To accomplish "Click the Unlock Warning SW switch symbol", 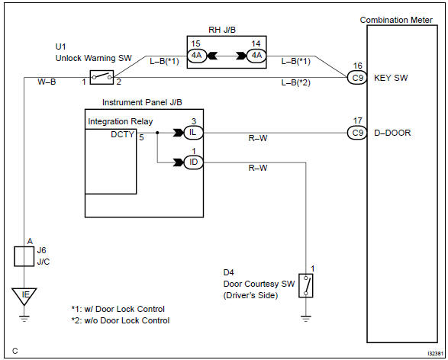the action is (x=102, y=77).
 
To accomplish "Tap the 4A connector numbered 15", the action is (x=197, y=56).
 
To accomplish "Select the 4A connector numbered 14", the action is (x=256, y=56).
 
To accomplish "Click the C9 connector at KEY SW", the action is (x=357, y=78).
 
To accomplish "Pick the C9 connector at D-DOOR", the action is (x=357, y=133).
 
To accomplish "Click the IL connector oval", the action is (x=193, y=133).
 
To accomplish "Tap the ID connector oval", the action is (x=193, y=162).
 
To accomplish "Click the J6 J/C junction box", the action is (x=24, y=256).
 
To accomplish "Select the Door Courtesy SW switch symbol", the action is (x=306, y=285).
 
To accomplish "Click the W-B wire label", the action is (x=47, y=82).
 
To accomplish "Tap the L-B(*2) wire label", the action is (x=295, y=83).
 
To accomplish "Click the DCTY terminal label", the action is (x=123, y=134).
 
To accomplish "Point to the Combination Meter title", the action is (x=396, y=20).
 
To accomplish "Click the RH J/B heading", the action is (x=222, y=30).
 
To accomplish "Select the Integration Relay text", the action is (x=121, y=121).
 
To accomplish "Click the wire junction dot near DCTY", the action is (x=157, y=133).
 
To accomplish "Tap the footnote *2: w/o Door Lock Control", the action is (x=121, y=320).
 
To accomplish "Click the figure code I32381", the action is (x=436, y=353).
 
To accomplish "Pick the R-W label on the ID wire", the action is (x=258, y=168).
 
